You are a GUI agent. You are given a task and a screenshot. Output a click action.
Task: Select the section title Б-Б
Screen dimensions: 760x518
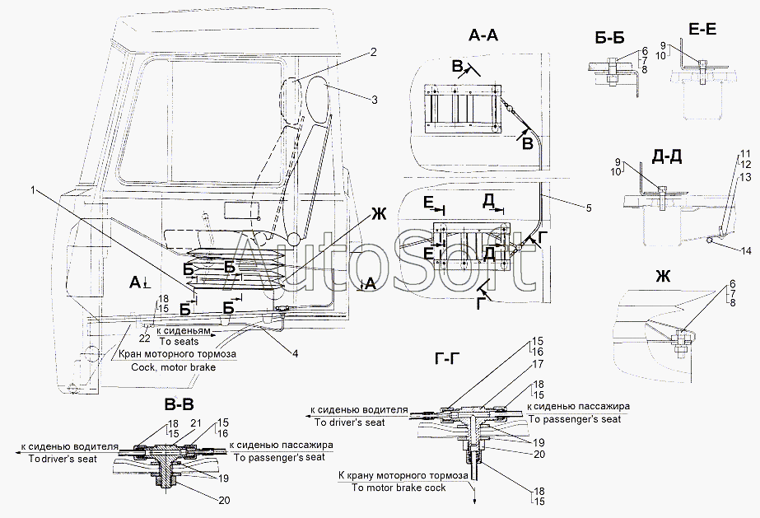coord(609,38)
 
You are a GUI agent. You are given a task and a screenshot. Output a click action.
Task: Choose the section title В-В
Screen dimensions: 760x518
coord(179,404)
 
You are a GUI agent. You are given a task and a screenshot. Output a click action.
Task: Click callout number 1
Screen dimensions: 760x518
coord(33,190)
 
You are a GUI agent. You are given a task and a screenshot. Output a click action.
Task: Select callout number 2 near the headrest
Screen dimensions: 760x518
coord(373,53)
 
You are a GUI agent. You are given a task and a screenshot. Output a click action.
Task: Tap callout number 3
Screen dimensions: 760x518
coord(374,100)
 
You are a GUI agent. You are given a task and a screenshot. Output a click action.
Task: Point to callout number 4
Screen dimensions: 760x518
coord(295,353)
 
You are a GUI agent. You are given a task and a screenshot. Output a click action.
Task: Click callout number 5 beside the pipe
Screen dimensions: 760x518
coord(589,208)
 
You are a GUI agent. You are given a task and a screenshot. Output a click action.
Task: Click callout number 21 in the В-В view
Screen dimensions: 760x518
coord(196,423)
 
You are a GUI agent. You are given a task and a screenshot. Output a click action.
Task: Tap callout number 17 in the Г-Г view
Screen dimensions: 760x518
coord(538,363)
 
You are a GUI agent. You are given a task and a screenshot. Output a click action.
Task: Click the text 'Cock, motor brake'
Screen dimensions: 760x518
coord(174,367)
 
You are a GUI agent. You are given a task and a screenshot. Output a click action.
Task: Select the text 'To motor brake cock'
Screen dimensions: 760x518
coord(399,488)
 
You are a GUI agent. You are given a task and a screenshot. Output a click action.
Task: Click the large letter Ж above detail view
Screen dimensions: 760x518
coord(663,277)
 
